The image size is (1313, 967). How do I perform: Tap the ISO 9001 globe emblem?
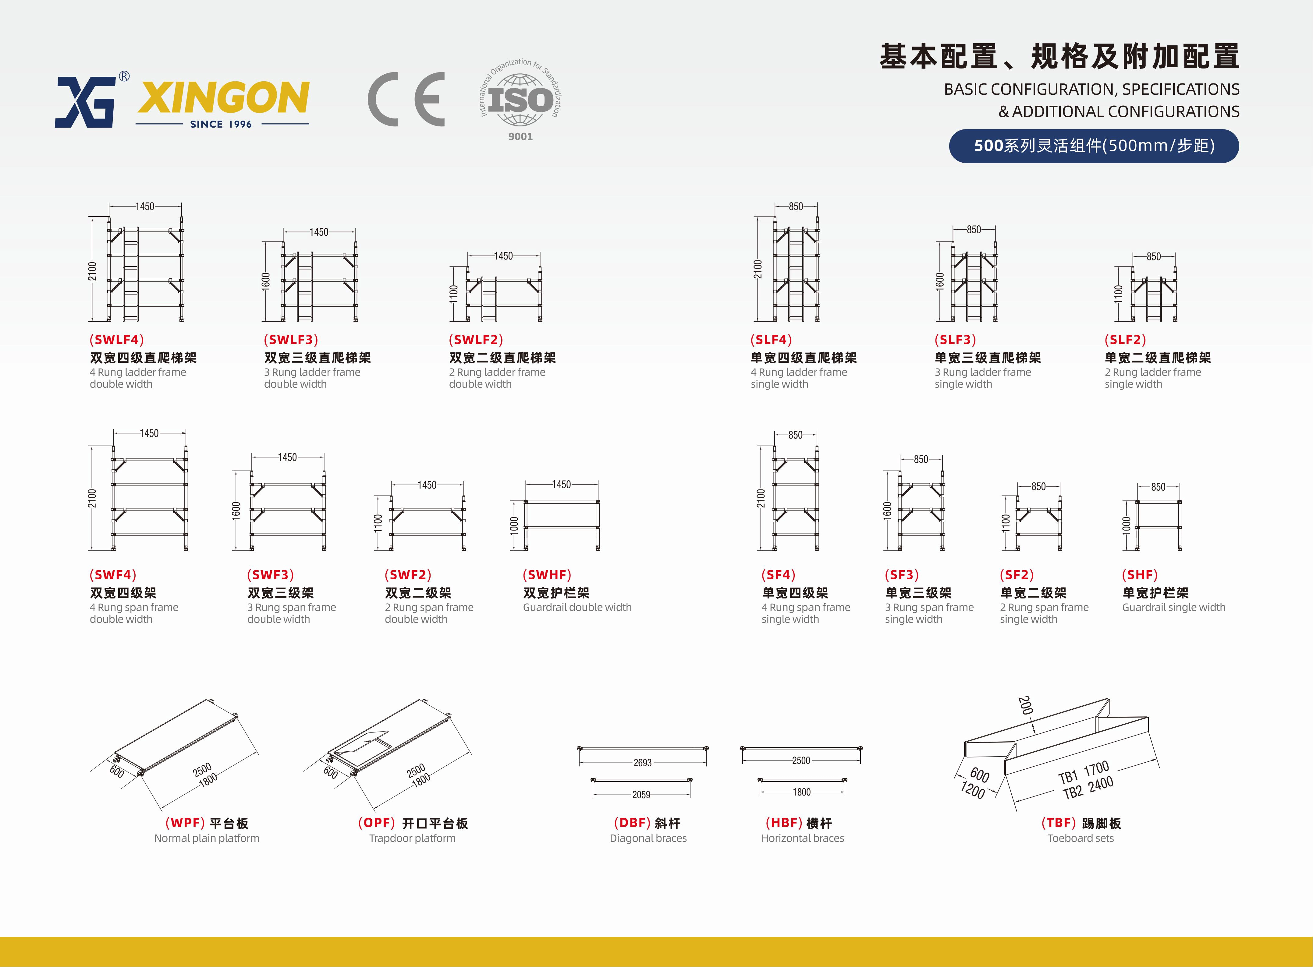(520, 100)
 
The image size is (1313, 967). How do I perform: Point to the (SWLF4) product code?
(116, 340)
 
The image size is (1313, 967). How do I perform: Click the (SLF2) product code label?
(1125, 340)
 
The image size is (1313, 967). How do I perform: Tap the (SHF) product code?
(1140, 575)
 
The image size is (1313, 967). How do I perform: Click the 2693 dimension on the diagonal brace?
(642, 763)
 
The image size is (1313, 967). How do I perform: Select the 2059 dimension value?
(641, 794)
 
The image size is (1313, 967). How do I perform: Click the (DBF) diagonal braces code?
(633, 823)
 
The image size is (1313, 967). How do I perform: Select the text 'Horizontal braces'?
(802, 838)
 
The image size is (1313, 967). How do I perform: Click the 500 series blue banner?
(1093, 146)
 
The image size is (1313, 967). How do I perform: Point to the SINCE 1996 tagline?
(221, 124)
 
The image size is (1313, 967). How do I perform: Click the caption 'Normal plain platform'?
(206, 838)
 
